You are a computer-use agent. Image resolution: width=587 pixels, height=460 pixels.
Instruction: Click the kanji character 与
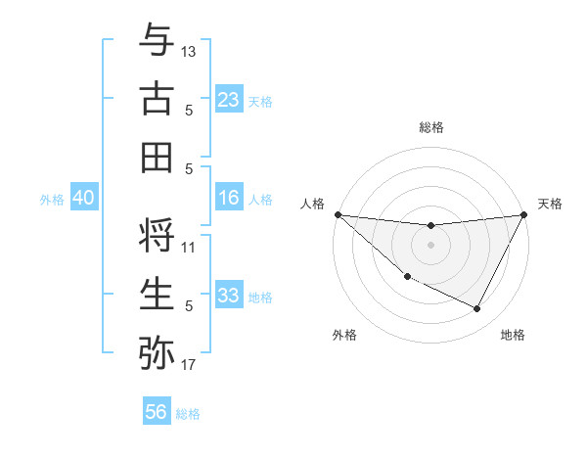157,41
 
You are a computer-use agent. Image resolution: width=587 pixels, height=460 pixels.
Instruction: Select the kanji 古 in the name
157,99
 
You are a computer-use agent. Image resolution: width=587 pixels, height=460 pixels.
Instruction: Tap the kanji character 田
157,158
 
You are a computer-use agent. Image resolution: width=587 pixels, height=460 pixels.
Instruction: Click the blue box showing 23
229,99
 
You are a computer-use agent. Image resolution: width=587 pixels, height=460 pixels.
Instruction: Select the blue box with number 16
229,198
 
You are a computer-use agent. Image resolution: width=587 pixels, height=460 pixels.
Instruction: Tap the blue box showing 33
229,296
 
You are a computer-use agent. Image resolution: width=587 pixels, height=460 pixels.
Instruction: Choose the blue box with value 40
83,198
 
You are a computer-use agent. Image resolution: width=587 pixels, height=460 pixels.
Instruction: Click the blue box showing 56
157,412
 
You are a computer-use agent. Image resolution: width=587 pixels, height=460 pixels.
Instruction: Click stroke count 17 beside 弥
189,365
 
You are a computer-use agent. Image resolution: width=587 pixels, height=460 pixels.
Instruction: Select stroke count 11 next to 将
189,248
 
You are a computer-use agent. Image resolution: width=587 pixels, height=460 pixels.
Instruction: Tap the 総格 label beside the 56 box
189,414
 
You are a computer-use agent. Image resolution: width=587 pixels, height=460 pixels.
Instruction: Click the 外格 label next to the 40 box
52,200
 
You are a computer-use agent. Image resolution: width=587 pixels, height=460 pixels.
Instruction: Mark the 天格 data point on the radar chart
525,215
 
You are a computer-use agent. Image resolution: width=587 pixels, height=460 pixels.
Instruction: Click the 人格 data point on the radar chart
338,214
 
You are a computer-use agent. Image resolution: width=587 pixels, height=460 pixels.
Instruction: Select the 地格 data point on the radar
477,309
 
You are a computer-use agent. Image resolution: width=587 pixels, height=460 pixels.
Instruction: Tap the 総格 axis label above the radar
431,127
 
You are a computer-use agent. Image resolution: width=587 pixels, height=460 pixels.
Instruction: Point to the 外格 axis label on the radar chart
344,336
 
